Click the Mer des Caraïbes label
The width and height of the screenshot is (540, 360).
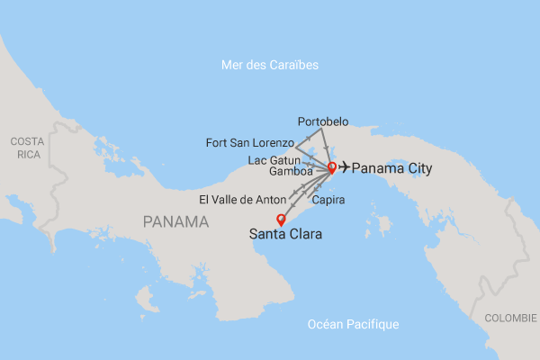point(270,66)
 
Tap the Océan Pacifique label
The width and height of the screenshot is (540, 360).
point(352,325)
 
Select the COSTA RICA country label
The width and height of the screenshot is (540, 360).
point(26,148)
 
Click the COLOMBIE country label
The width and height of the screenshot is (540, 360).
point(510,319)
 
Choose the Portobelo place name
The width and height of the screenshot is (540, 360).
point(322,121)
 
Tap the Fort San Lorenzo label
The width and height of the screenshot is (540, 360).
point(249,142)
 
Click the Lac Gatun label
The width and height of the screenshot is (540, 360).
point(280,159)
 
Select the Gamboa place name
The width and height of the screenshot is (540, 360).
point(291,171)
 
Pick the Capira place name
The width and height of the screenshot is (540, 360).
point(328,200)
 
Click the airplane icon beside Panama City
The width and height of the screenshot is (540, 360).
point(344,168)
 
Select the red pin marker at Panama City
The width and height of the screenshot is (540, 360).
point(331,166)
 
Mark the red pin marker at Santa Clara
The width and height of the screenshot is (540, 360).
point(280,219)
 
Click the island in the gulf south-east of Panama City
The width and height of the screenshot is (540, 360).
point(384,221)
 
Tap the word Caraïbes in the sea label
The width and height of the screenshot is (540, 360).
point(294,66)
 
